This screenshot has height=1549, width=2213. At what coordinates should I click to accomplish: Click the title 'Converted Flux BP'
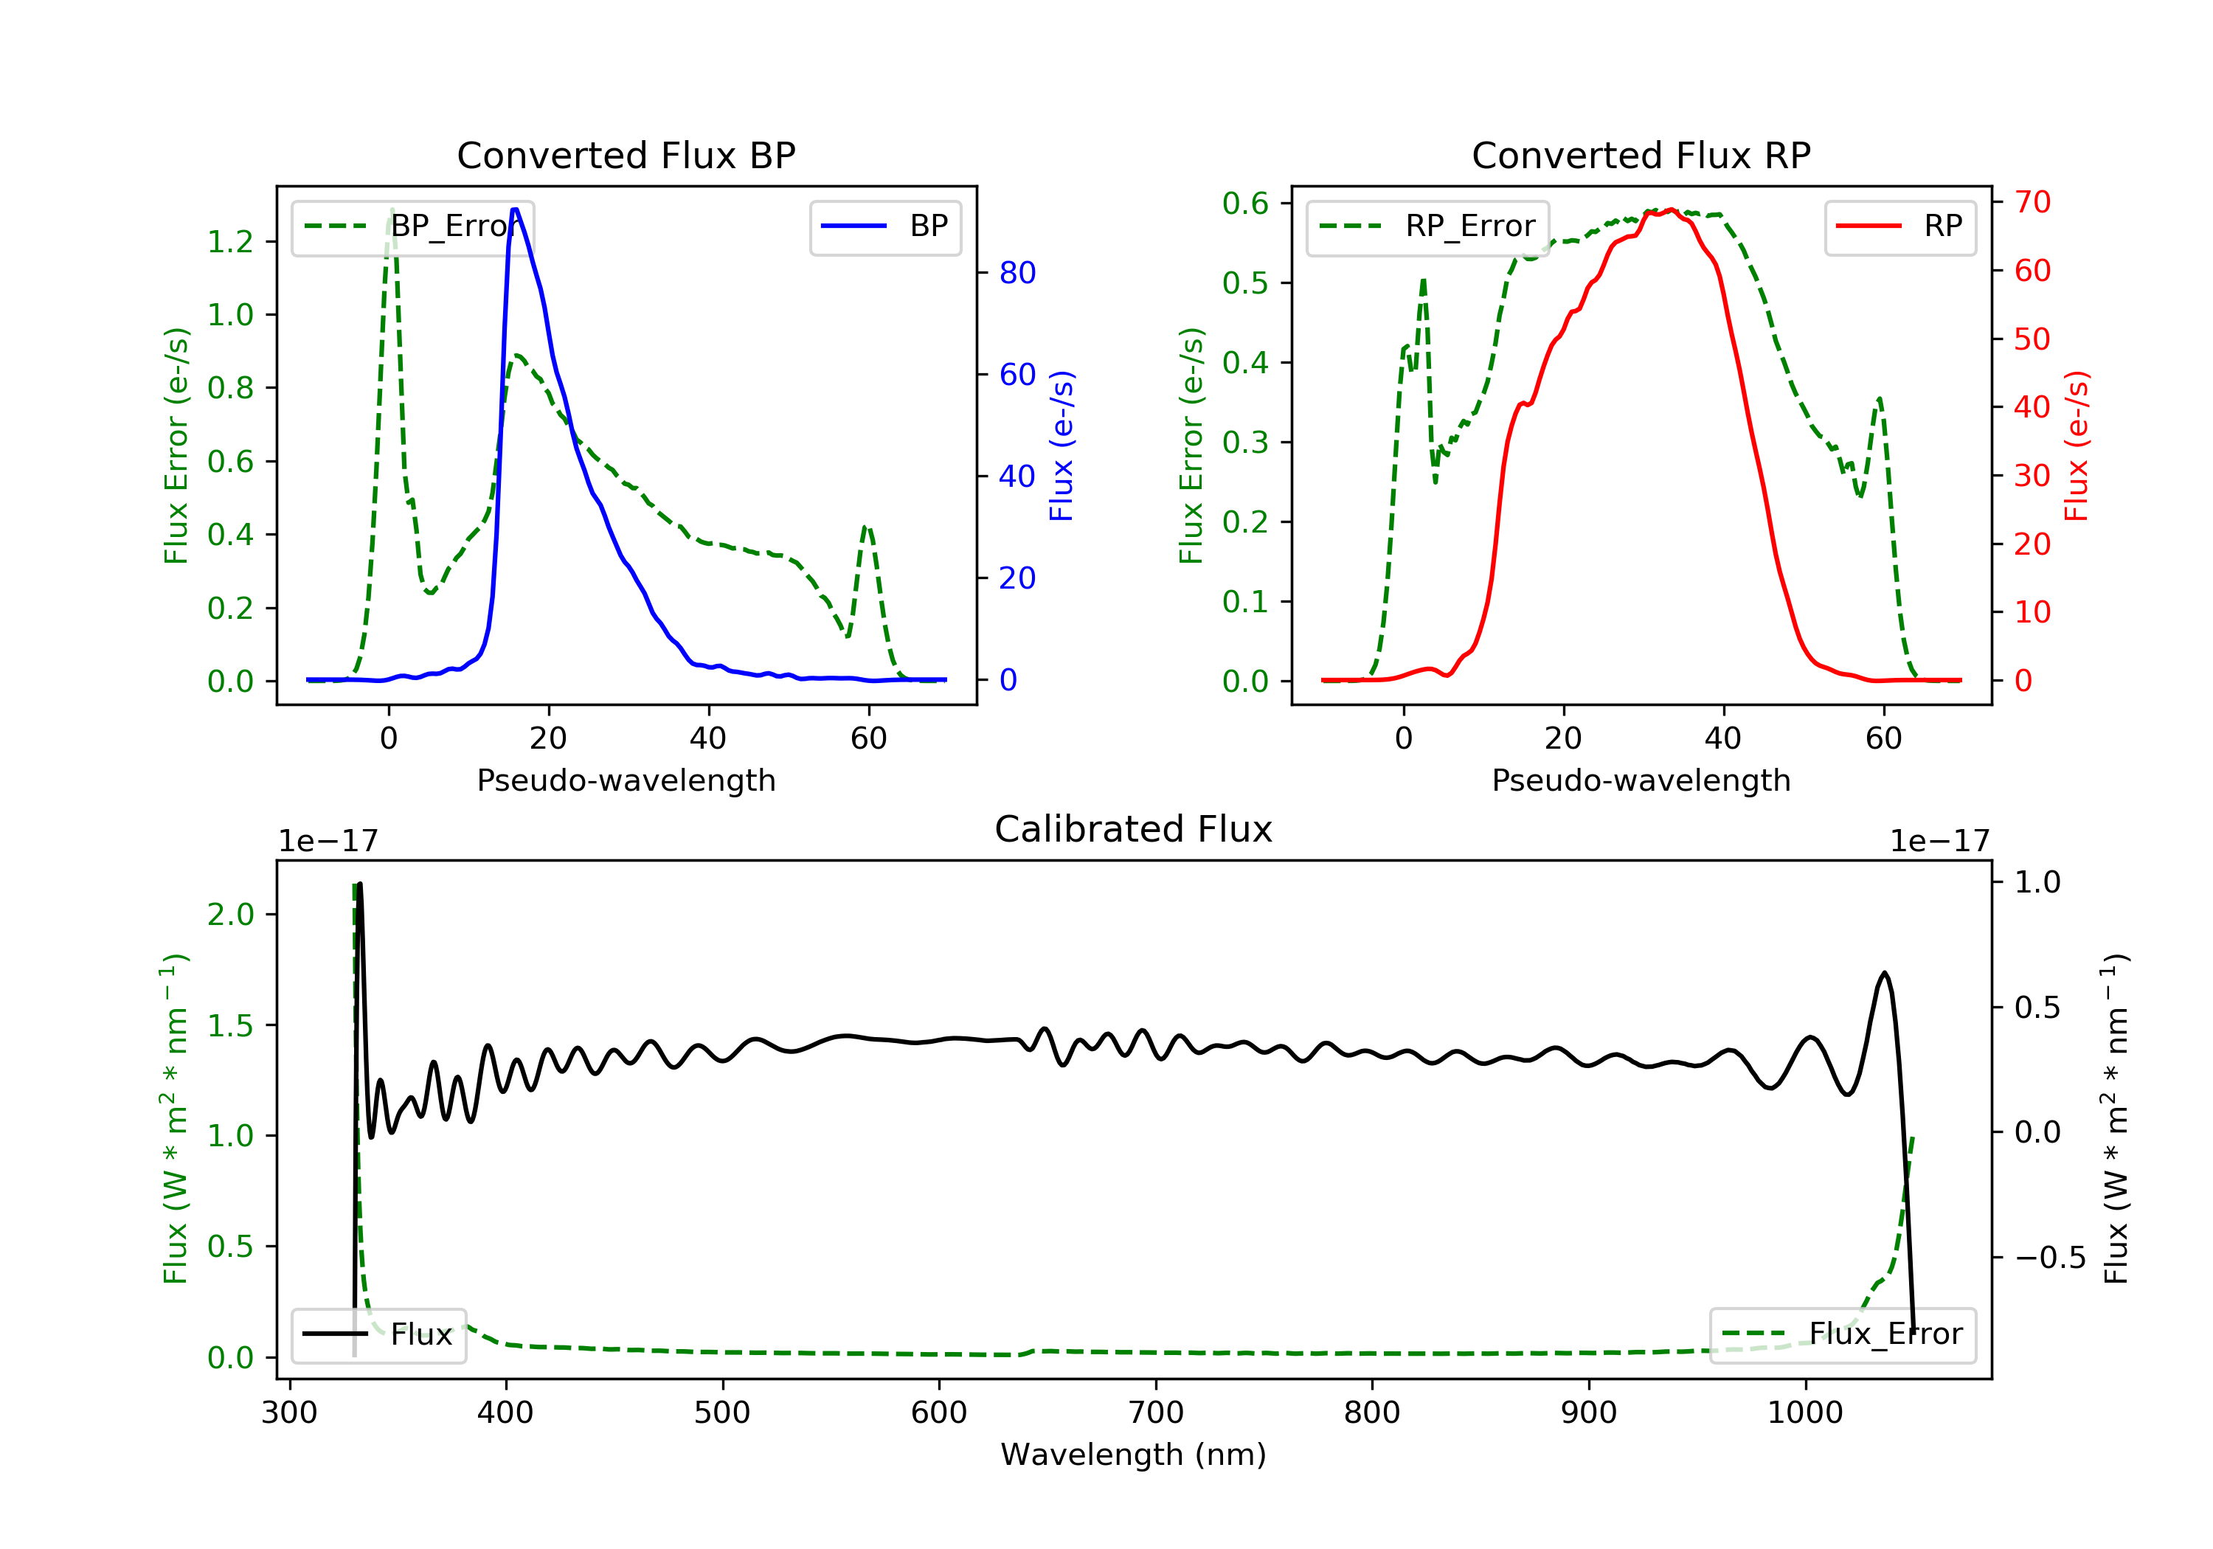[x=626, y=155]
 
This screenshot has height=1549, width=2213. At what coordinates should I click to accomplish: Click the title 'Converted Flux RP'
[x=1641, y=155]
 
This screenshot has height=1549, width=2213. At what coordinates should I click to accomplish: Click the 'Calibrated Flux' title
[x=1134, y=829]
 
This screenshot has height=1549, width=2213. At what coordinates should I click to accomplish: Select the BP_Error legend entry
[x=412, y=226]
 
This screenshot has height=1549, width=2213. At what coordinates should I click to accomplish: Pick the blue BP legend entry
[x=884, y=226]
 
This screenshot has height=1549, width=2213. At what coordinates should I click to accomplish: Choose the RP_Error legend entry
[x=1427, y=226]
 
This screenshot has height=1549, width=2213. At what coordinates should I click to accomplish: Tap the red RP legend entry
[x=1899, y=226]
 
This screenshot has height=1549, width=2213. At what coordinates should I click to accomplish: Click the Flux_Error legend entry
[x=1842, y=1334]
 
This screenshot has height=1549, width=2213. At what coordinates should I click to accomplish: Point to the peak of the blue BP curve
[x=516, y=209]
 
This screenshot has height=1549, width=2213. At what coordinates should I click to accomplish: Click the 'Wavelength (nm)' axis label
[x=1134, y=1455]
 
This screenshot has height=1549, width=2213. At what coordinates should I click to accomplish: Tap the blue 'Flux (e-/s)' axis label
[x=1062, y=446]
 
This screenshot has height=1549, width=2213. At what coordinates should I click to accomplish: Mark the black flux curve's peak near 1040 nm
[x=1884, y=973]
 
